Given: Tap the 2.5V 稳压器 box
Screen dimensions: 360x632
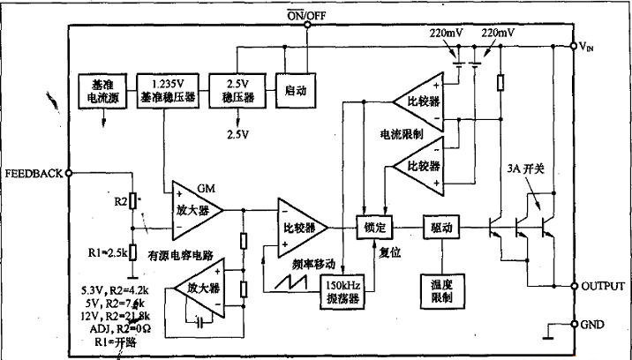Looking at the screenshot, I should click(242, 91).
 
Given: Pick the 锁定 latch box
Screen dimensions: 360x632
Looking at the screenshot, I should click(372, 228).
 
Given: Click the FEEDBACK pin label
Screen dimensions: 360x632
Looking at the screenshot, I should click(33, 173).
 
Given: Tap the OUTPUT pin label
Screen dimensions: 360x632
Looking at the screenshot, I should click(605, 287).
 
